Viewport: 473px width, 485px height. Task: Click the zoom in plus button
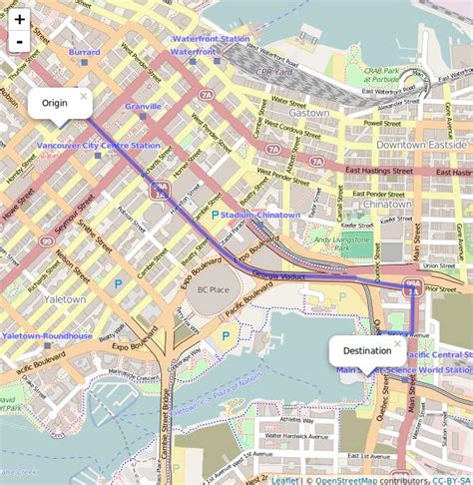click(x=19, y=19)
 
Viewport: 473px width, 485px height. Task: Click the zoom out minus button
click(x=19, y=42)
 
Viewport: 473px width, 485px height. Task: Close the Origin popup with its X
click(x=84, y=97)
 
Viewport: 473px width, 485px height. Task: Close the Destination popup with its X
click(x=397, y=343)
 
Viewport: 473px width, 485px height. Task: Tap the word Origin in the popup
click(x=54, y=103)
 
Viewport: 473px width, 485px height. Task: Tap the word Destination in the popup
click(x=366, y=351)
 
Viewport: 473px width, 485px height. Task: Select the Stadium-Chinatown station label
click(x=260, y=215)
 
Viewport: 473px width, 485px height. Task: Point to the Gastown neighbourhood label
click(x=310, y=113)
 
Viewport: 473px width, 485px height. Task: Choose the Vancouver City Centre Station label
click(x=98, y=146)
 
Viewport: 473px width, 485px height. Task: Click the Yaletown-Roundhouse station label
click(x=47, y=336)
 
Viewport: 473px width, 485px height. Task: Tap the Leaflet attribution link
click(x=284, y=479)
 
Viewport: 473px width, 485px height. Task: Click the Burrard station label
click(x=84, y=51)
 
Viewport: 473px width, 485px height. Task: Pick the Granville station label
click(x=143, y=105)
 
